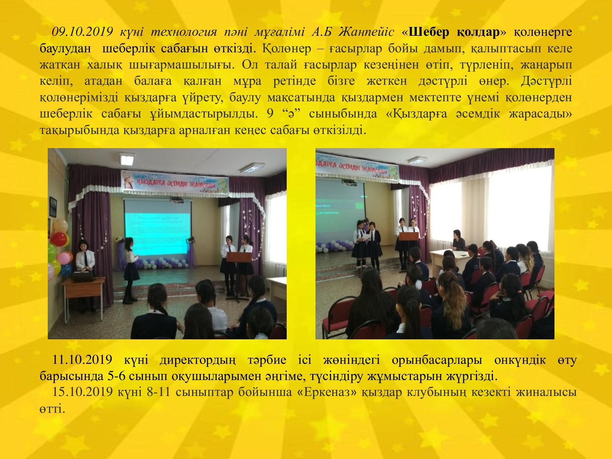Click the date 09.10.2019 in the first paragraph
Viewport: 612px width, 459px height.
(83, 32)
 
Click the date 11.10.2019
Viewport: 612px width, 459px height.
(83, 360)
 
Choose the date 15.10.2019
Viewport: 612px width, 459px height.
(83, 392)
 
